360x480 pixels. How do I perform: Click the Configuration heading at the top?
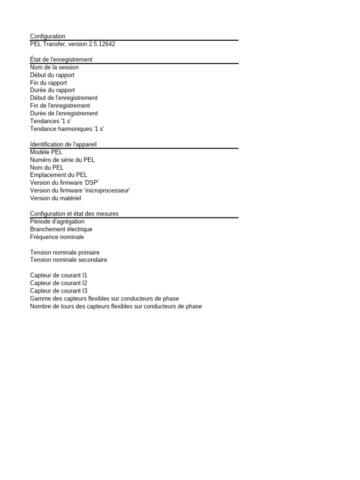coord(47,36)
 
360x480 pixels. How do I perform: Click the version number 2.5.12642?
coord(98,44)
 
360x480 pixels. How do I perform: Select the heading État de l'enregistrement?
coord(61,60)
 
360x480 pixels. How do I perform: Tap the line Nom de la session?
coord(54,67)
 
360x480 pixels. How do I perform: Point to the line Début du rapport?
coord(52,75)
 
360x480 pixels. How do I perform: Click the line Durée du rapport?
coord(52,90)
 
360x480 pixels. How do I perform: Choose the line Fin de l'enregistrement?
coord(60,105)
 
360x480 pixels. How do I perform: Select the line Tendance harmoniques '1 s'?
coord(67,128)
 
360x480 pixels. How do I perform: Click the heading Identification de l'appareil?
coord(63,144)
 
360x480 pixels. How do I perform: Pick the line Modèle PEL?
coord(46,152)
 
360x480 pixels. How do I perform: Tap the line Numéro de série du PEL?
coord(62,160)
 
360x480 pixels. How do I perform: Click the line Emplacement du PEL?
coord(59,175)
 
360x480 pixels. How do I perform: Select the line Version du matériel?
coord(55,198)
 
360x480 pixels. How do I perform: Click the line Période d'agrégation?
coord(57,221)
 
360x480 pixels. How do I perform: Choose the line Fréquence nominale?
coord(57,237)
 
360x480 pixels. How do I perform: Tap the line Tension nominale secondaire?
coord(68,260)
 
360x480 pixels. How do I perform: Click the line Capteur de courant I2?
coord(59,283)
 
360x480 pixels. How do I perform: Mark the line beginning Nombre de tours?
coord(116,306)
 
